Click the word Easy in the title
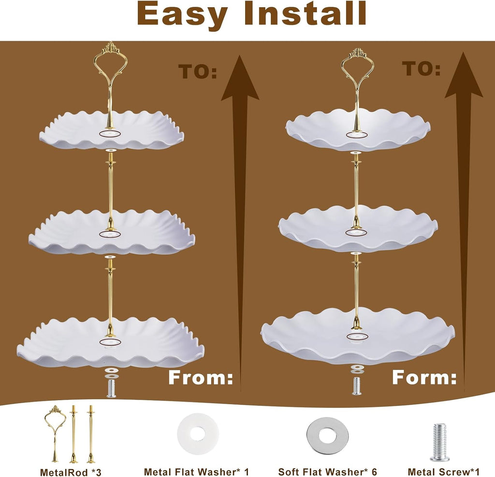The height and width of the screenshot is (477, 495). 182,14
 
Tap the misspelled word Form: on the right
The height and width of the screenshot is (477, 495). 424,377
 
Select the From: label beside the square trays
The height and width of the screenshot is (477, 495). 201,377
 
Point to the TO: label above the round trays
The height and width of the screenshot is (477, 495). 421,69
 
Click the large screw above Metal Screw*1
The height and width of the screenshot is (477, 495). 439,438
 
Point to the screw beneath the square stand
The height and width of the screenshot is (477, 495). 111,389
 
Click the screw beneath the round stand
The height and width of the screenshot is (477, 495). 357,386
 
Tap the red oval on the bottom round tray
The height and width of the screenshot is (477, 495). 357,337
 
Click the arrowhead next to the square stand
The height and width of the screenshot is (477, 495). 240,81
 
